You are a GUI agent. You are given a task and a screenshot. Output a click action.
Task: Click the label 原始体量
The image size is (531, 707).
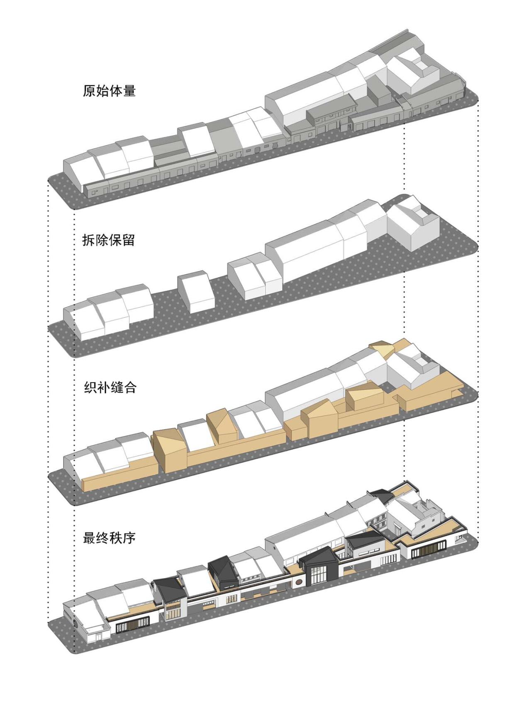[109, 91]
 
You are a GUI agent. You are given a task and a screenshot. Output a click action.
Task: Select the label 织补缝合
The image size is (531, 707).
[110, 387]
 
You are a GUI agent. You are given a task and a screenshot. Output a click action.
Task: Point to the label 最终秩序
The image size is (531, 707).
[109, 538]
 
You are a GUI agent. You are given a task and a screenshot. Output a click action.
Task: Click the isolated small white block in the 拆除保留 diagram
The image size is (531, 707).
[196, 292]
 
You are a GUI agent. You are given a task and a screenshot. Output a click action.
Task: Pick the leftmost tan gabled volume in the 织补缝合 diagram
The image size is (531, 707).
[170, 450]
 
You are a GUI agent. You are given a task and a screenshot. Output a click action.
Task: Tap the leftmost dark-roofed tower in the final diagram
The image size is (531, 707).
[170, 593]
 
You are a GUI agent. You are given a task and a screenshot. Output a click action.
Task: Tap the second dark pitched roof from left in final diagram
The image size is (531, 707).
[222, 571]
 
